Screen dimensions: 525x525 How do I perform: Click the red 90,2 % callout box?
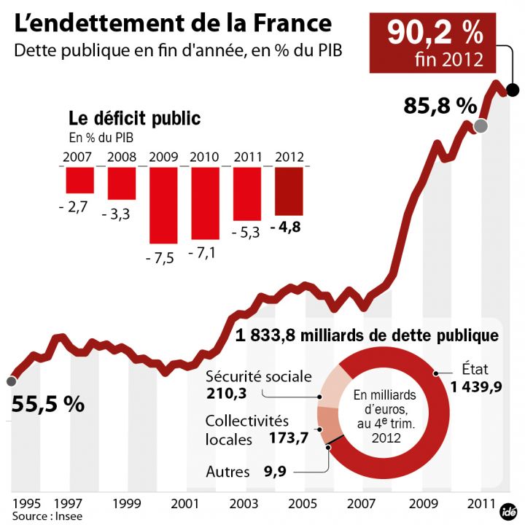pos(435,42)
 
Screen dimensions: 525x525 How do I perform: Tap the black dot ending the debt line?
pos(512,90)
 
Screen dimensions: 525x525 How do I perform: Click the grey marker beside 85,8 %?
pos(480,126)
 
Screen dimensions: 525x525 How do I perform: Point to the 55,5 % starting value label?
pos(48,404)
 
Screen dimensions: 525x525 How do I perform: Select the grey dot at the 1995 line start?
pos(10,381)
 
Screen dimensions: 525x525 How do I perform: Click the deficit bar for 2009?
pos(163,205)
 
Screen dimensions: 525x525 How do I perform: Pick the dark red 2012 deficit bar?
pos(289,191)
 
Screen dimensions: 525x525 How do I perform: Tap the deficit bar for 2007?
pos(79,180)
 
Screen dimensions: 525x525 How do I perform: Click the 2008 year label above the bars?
pos(122,157)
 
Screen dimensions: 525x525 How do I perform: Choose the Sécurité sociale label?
pos(258,377)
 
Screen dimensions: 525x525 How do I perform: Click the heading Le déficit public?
pos(134,118)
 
